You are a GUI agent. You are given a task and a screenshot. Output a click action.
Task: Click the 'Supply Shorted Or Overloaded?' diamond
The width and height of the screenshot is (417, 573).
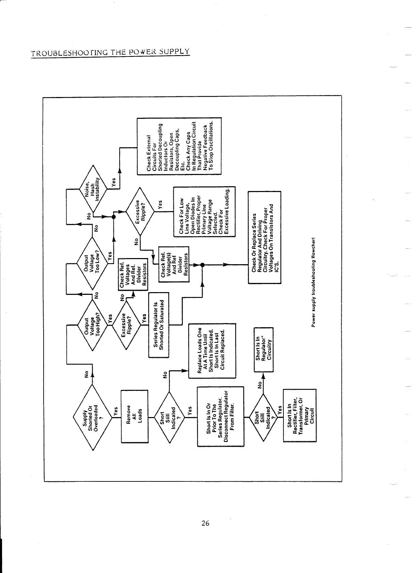click(93, 417)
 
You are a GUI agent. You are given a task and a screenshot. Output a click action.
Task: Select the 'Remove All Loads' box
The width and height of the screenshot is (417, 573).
click(134, 416)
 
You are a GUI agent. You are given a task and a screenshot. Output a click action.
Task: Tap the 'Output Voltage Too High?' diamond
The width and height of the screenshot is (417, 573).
click(92, 325)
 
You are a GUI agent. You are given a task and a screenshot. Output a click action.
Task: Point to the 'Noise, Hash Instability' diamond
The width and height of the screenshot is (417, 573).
click(93, 189)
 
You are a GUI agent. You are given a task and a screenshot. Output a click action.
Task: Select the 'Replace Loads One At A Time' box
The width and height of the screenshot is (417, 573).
click(212, 351)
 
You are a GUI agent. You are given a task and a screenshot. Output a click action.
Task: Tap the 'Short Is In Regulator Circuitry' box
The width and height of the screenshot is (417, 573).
click(264, 350)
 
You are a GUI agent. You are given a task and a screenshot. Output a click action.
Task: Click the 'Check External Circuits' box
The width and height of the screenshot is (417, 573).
click(179, 146)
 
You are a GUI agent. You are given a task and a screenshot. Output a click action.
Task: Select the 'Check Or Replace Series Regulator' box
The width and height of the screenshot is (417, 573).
click(265, 237)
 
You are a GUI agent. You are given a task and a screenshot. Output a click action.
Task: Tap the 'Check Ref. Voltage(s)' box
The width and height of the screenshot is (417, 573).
click(174, 265)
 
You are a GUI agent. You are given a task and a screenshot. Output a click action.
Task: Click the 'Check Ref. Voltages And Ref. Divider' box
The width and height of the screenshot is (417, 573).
click(133, 274)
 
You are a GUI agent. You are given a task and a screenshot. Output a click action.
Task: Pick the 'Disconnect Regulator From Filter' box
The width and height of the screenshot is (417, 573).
click(221, 416)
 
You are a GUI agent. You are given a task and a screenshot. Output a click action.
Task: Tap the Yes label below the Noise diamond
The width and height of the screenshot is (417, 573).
click(114, 182)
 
